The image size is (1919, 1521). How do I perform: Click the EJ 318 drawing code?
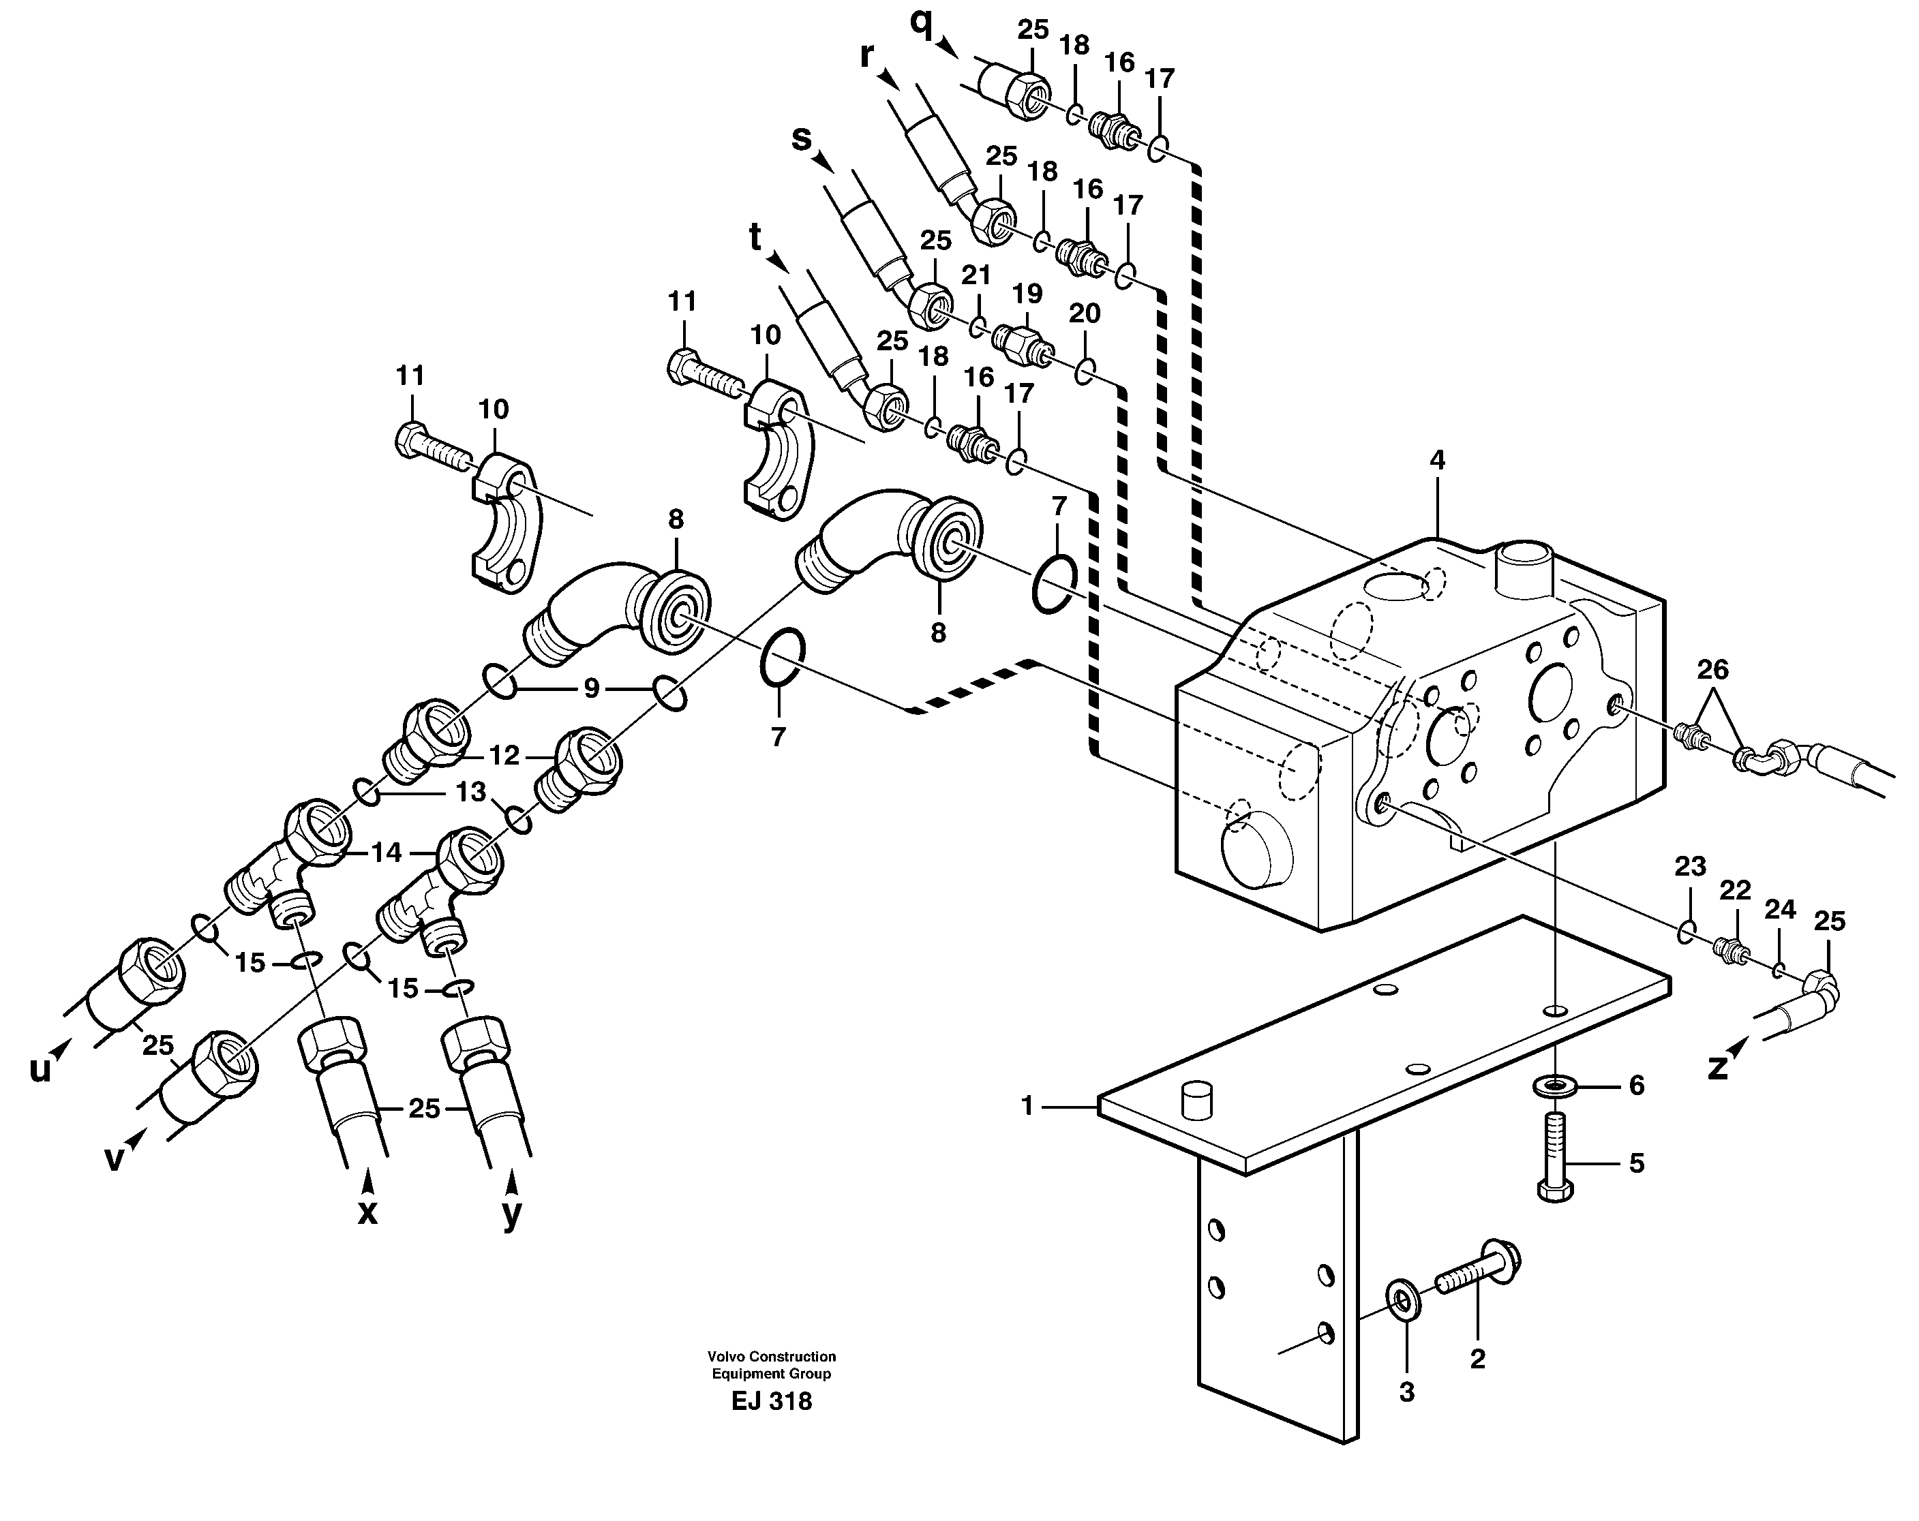(771, 1402)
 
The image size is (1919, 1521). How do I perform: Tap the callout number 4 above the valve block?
(1436, 461)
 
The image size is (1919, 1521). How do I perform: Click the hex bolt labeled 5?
(1555, 1157)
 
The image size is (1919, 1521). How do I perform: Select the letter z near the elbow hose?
(1717, 1066)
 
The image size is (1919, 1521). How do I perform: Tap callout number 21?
(976, 275)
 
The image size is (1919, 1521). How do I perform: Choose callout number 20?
(1084, 313)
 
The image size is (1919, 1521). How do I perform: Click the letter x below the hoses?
(367, 1213)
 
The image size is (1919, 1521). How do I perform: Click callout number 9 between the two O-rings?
(591, 688)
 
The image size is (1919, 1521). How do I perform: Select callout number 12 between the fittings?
(504, 756)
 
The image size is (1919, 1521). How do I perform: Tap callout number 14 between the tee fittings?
(387, 852)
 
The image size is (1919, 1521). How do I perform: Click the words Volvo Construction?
(771, 1356)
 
